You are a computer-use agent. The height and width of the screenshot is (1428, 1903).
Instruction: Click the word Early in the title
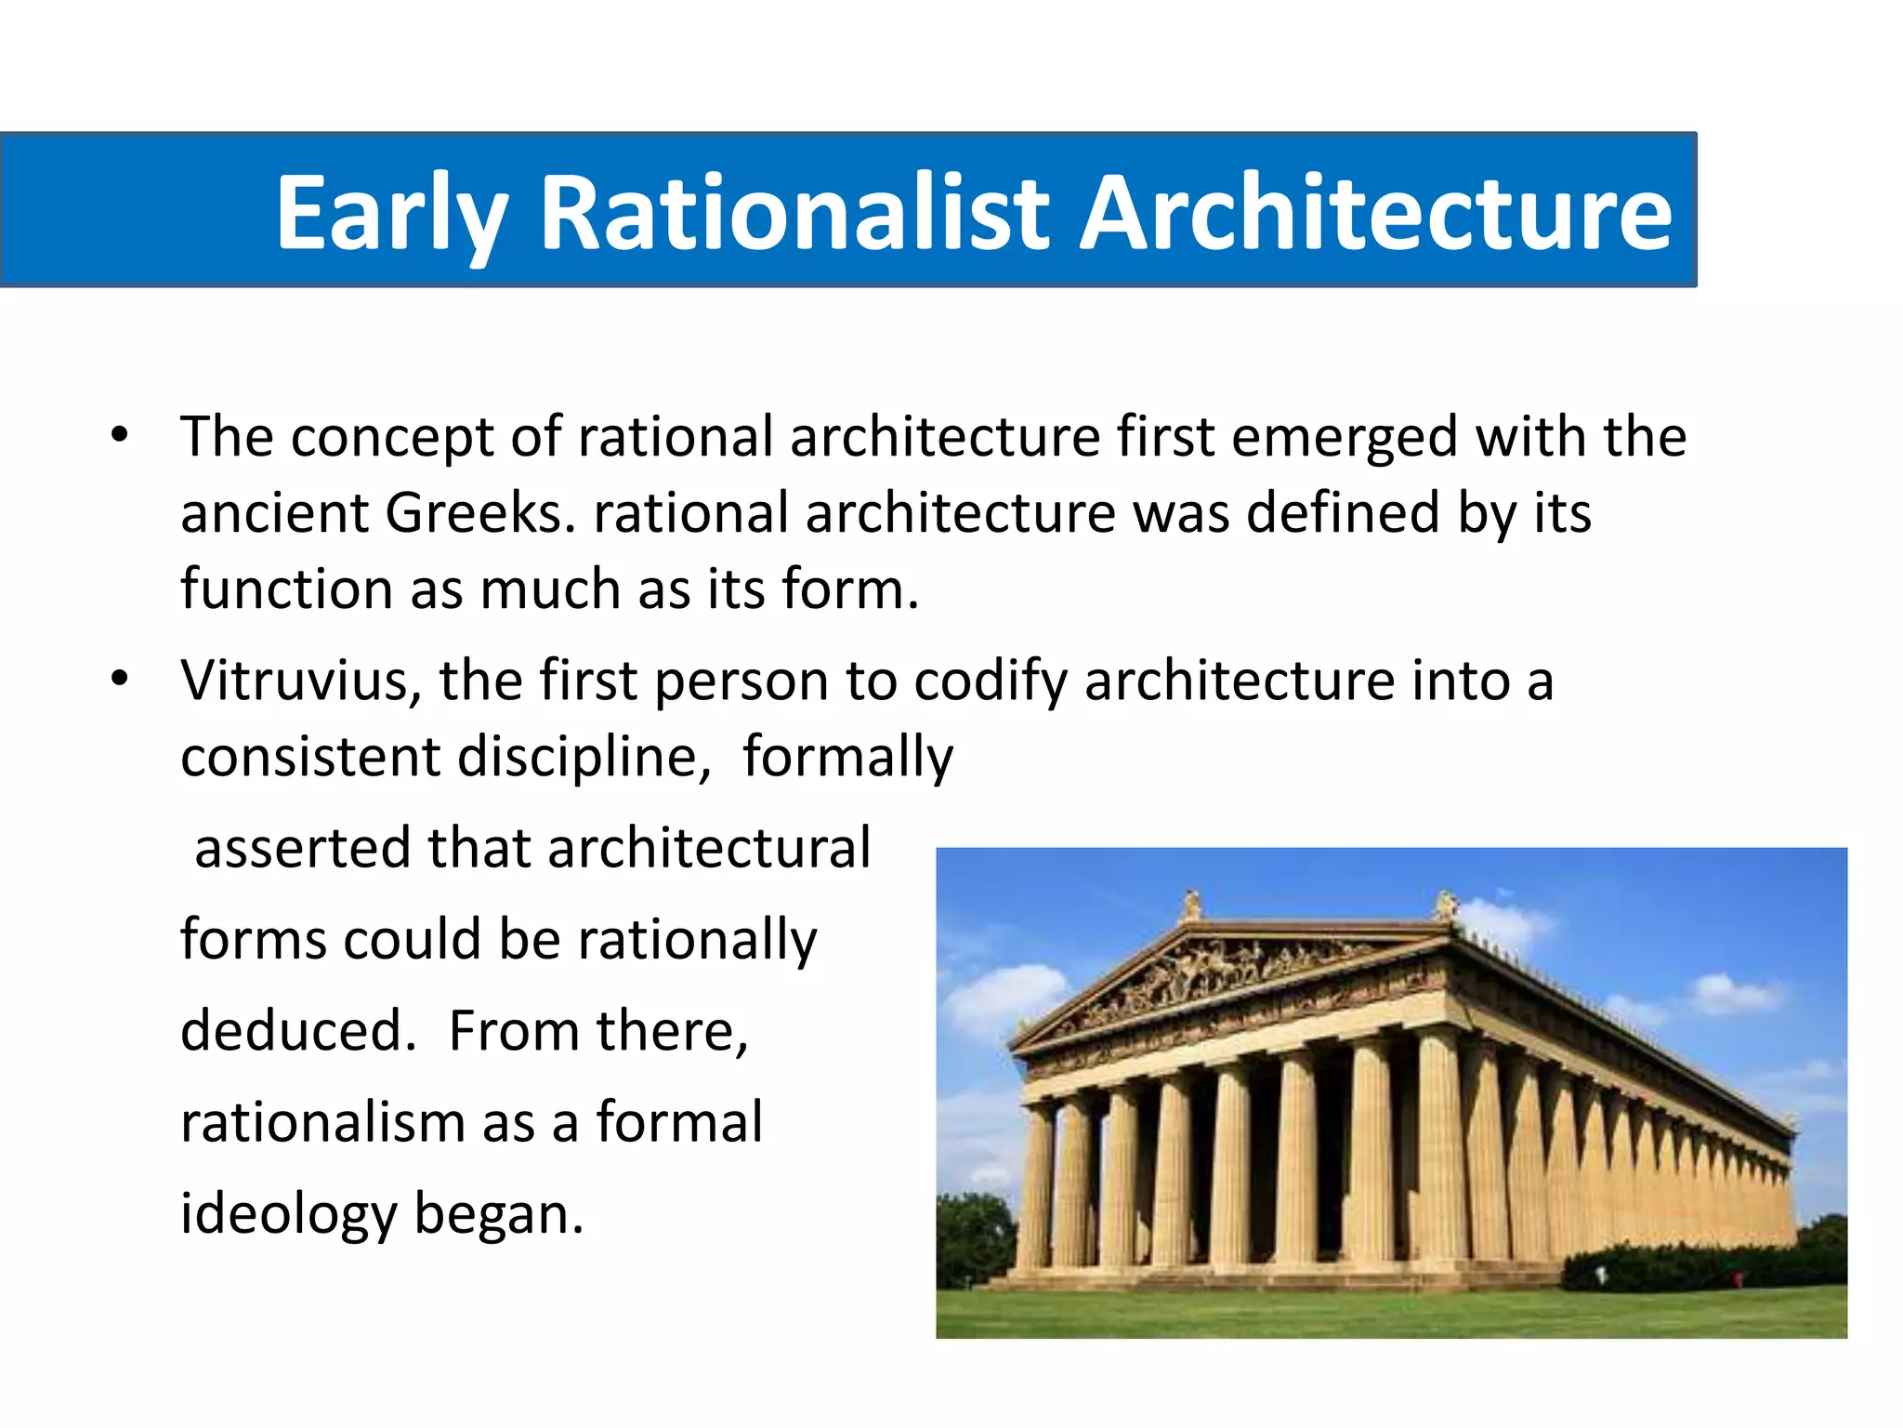pos(391,214)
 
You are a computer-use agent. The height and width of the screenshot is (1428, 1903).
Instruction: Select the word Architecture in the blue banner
pos(1375,214)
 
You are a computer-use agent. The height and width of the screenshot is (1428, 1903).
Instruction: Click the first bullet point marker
pos(119,435)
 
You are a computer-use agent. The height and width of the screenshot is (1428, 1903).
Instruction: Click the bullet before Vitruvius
pos(119,680)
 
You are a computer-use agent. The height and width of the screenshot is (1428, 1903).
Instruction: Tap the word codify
pos(991,681)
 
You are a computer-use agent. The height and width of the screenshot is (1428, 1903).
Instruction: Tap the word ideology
pos(288,1214)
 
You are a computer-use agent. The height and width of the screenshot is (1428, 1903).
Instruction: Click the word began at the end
pos(499,1214)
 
